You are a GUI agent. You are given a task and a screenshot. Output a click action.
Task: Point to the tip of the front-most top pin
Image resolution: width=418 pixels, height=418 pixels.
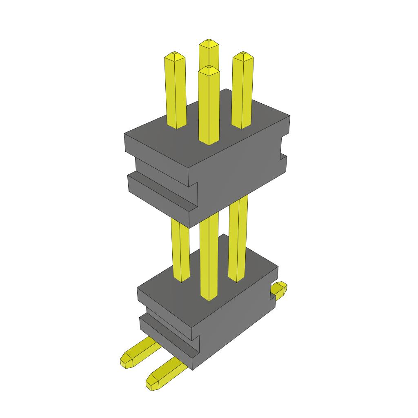(209, 68)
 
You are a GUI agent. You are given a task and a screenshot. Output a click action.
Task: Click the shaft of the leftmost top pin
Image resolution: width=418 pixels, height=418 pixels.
(176, 94)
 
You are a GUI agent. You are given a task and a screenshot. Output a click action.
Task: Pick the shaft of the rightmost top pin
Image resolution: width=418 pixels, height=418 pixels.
(242, 94)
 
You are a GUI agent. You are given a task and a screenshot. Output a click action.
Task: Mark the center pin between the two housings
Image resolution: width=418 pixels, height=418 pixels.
(209, 257)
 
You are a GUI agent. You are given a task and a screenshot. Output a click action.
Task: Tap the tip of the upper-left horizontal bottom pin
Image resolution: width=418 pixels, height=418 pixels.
(126, 360)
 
